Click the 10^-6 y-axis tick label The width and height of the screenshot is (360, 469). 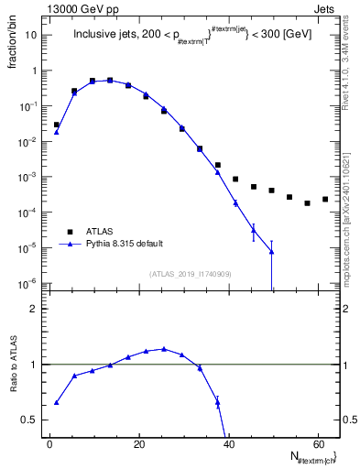(x=29, y=283)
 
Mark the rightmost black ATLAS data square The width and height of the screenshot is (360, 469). (x=325, y=199)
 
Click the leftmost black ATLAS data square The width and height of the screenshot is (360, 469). (x=56, y=125)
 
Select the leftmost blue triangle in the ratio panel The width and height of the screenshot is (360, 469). (x=56, y=402)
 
